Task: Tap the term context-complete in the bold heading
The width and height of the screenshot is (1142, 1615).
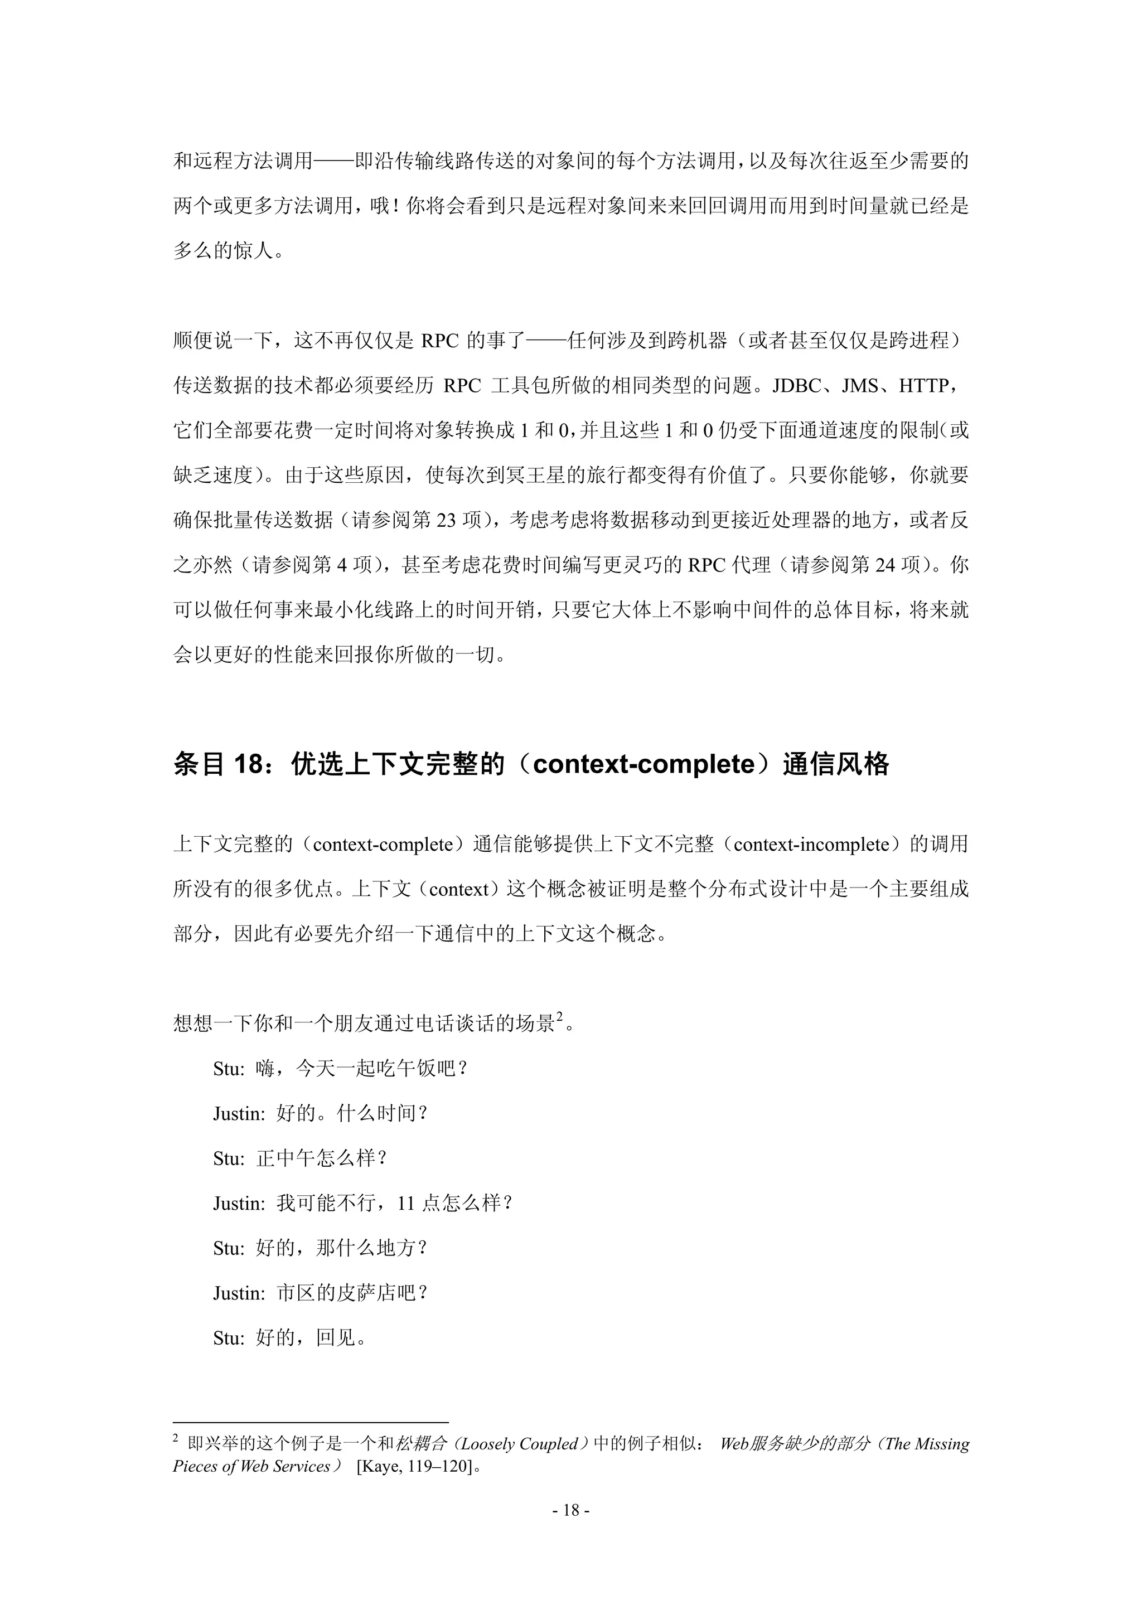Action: (x=644, y=764)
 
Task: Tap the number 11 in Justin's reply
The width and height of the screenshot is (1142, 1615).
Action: (x=405, y=1204)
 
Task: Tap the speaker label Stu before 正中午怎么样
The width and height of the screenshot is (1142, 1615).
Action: (x=228, y=1158)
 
